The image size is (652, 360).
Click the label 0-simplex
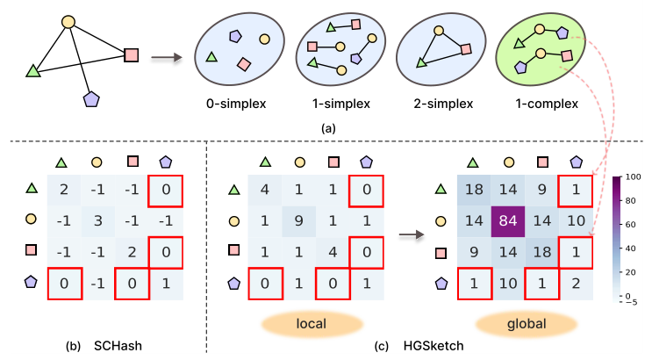(x=230, y=104)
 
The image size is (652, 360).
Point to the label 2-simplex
(x=434, y=104)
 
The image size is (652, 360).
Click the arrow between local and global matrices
(x=405, y=234)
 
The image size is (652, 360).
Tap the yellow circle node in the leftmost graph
(x=68, y=21)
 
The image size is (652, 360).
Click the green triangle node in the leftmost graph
(x=34, y=71)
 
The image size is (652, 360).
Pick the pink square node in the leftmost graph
(x=132, y=54)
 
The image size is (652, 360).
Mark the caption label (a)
(x=327, y=128)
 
